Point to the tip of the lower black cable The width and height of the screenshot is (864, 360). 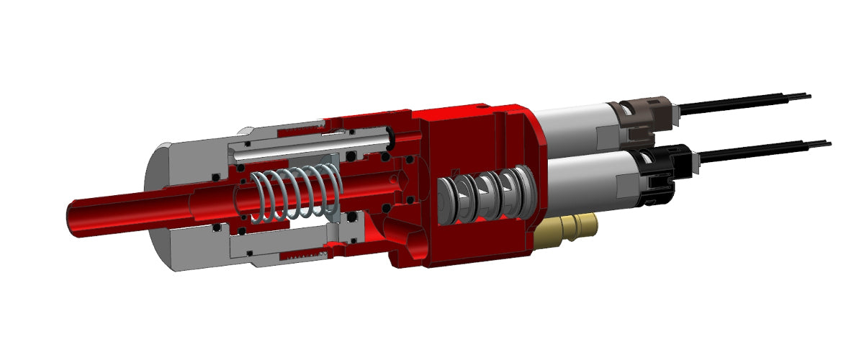click(828, 144)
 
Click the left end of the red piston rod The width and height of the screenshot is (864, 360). click(72, 217)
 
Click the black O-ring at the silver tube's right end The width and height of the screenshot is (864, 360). click(389, 133)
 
